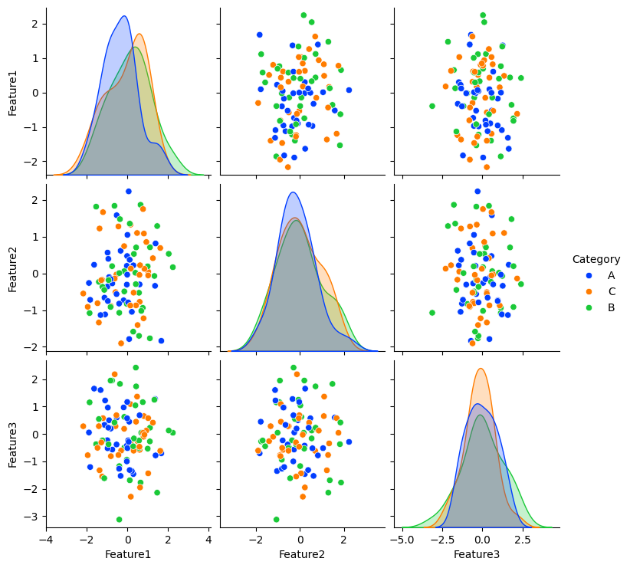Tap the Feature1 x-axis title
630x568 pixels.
127,554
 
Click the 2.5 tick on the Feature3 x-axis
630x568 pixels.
522,540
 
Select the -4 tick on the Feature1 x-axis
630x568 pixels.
46,540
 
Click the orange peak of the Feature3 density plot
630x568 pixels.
481,369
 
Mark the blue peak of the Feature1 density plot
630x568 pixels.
124,16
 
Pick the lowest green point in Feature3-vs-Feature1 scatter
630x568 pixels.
119,519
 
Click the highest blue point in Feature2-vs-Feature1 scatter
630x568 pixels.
128,191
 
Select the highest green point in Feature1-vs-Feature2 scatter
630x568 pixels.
304,15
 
